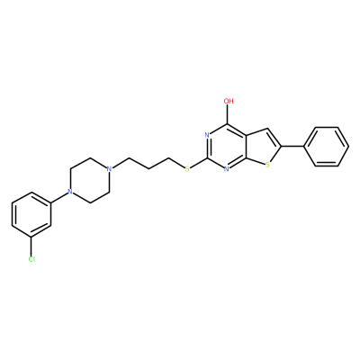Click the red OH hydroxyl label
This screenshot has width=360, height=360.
[229, 101]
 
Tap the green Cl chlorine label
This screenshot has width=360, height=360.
[31, 259]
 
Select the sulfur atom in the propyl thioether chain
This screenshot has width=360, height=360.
[187, 169]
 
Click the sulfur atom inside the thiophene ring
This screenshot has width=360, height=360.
[267, 164]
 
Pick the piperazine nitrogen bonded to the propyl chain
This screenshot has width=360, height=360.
[109, 169]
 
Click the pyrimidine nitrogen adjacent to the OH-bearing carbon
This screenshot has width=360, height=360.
[207, 135]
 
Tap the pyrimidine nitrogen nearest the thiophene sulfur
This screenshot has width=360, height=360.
[227, 169]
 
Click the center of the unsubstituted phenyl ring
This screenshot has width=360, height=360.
[327, 147]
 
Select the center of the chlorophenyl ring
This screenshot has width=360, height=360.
[31, 214]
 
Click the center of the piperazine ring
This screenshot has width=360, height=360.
[89, 180]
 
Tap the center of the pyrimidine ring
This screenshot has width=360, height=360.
[227, 147]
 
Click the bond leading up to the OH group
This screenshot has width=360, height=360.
[228, 114]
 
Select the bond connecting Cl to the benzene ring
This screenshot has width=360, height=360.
[31, 246]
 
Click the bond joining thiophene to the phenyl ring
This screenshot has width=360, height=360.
[292, 147]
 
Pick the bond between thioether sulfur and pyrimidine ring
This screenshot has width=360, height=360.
[199, 162]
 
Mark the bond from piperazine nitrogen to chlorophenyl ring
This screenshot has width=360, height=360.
[59, 197]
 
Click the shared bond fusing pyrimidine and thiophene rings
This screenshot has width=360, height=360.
[246, 147]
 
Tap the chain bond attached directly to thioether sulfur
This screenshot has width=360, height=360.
[177, 163]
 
